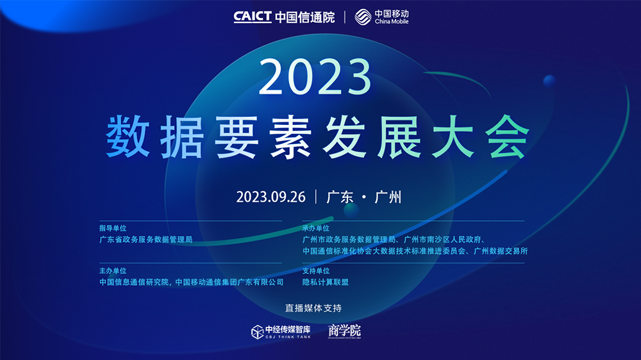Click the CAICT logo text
pos(252,17)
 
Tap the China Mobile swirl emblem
pos(363,17)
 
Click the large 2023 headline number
pos(315,77)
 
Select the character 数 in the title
pos(128,136)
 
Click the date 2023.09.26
pos(271,197)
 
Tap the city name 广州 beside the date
pos(388,197)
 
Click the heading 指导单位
pos(113,228)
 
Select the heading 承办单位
pos(315,228)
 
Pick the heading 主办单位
pos(113,270)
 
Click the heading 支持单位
pos(315,270)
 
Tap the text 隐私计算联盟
pos(326,282)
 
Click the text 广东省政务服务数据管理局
pos(146,240)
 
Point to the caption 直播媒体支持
pos(313,308)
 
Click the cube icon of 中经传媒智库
pos(257,332)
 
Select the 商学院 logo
pos(345,331)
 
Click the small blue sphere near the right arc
pos(549,81)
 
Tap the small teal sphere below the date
pos(351,211)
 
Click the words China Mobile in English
pos(392,22)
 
